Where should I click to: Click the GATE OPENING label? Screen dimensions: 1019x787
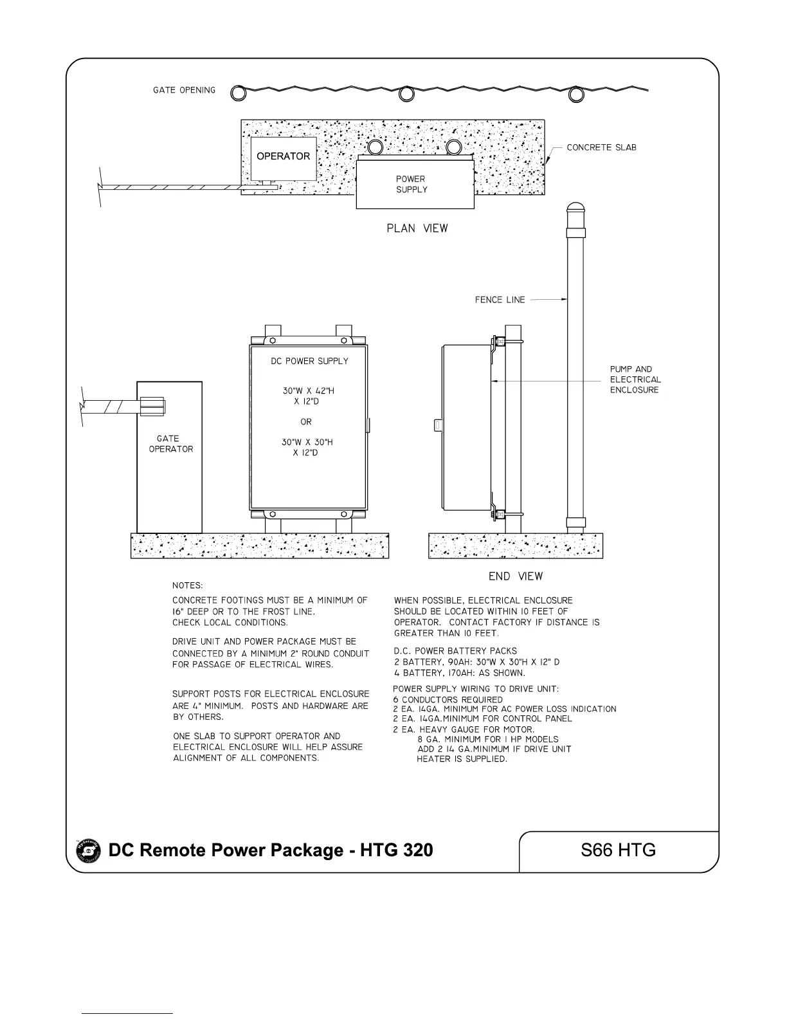tap(184, 90)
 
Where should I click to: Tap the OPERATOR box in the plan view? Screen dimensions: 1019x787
tap(284, 158)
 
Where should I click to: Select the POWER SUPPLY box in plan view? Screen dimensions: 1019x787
tap(415, 185)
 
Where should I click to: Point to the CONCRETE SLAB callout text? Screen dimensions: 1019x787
tap(601, 147)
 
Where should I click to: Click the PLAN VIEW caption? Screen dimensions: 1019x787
tap(417, 228)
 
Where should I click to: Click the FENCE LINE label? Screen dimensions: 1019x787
tap(500, 299)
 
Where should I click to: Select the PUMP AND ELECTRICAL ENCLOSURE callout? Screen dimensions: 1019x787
tap(635, 380)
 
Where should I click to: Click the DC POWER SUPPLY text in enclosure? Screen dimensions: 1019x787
tap(309, 362)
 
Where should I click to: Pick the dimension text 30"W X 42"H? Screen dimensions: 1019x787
tap(308, 391)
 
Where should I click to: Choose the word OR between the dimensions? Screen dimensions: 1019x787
tap(306, 422)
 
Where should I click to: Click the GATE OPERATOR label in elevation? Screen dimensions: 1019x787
tap(170, 444)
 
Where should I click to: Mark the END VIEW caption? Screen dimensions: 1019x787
tap(516, 576)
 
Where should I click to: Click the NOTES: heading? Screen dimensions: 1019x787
tap(187, 585)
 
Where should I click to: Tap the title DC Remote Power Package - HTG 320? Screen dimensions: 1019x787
tap(271, 850)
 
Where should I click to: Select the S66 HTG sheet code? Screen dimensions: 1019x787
tap(618, 850)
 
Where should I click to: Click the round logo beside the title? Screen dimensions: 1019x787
tap(89, 851)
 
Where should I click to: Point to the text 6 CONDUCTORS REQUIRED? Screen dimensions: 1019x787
tap(448, 699)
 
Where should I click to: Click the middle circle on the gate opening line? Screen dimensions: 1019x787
tap(406, 94)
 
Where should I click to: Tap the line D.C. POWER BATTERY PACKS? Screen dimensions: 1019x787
tap(455, 651)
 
